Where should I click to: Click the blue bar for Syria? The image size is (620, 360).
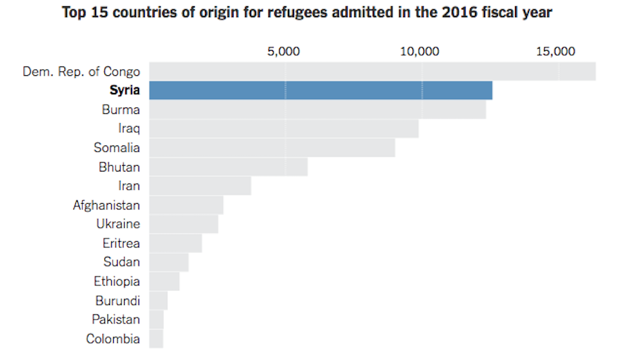click(320, 90)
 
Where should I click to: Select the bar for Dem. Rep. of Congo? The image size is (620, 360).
click(372, 71)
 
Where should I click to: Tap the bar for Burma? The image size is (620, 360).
click(317, 109)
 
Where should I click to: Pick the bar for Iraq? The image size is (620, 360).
click(283, 128)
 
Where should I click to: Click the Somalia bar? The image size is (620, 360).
click(272, 147)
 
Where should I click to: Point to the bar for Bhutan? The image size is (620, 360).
click(228, 167)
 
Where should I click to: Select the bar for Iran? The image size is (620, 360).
click(200, 186)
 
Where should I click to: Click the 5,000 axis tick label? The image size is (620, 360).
click(283, 51)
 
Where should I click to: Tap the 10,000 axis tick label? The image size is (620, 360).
click(420, 51)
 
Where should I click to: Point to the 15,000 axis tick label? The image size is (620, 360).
click(556, 51)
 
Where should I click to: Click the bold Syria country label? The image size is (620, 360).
click(125, 90)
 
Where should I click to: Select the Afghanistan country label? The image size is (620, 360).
click(106, 205)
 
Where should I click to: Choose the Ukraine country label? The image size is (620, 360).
click(118, 224)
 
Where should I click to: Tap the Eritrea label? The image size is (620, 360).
click(121, 243)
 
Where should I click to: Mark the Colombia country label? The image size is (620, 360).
click(113, 338)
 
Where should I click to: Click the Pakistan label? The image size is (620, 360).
click(116, 320)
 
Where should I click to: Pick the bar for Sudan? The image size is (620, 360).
click(168, 262)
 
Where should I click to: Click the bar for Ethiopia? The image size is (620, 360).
click(164, 281)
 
